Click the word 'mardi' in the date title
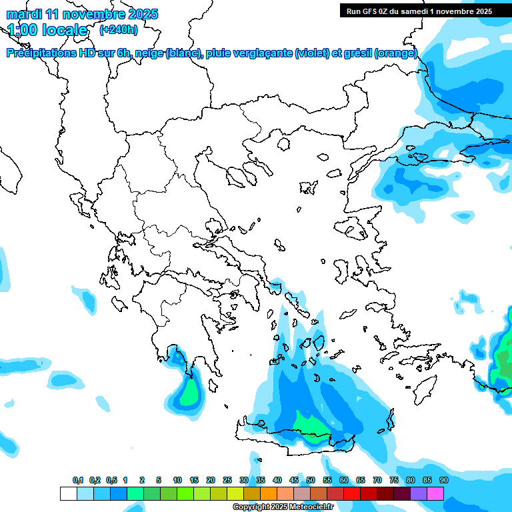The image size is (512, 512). coord(23,14)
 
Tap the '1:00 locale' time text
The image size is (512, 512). coord(47,30)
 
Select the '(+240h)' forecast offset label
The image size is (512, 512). coord(119,29)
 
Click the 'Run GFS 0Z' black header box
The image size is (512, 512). coord(419,11)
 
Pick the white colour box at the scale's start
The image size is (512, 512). coord(68,494)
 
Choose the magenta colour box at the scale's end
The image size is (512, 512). coord(435,494)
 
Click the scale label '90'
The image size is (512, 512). coord(443,480)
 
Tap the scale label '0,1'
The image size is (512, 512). coord(78,480)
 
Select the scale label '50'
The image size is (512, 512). coord(311,480)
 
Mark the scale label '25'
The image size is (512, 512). coord(227,480)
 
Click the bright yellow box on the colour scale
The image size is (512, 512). coord(235,494)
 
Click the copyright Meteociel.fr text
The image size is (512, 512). coord(283,507)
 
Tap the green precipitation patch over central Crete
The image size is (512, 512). coord(310,427)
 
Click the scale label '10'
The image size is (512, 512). coord(177,480)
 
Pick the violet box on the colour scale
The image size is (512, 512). coord(419,494)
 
